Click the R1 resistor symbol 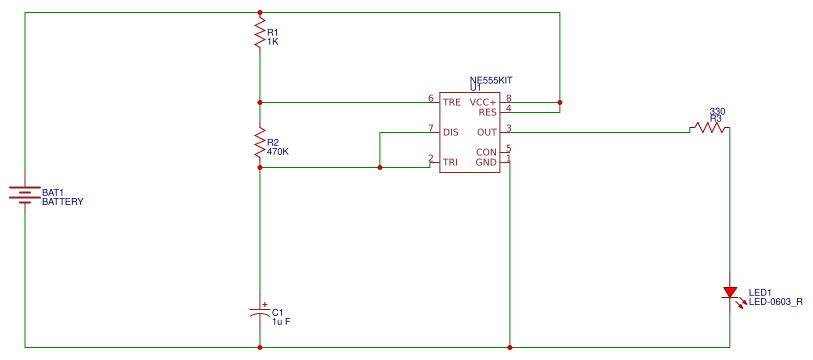[260, 31]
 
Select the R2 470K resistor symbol [260, 147]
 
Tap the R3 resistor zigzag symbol [708, 128]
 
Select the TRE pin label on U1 [452, 101]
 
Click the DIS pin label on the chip [451, 131]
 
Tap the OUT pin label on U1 [487, 131]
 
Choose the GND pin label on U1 [486, 161]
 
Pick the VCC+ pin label [484, 101]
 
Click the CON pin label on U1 [486, 152]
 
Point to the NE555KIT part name [491, 80]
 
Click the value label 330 [716, 111]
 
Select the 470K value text [278, 152]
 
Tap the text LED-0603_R [776, 301]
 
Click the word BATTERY [62, 201]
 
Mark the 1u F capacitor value [282, 321]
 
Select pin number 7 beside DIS [430, 128]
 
